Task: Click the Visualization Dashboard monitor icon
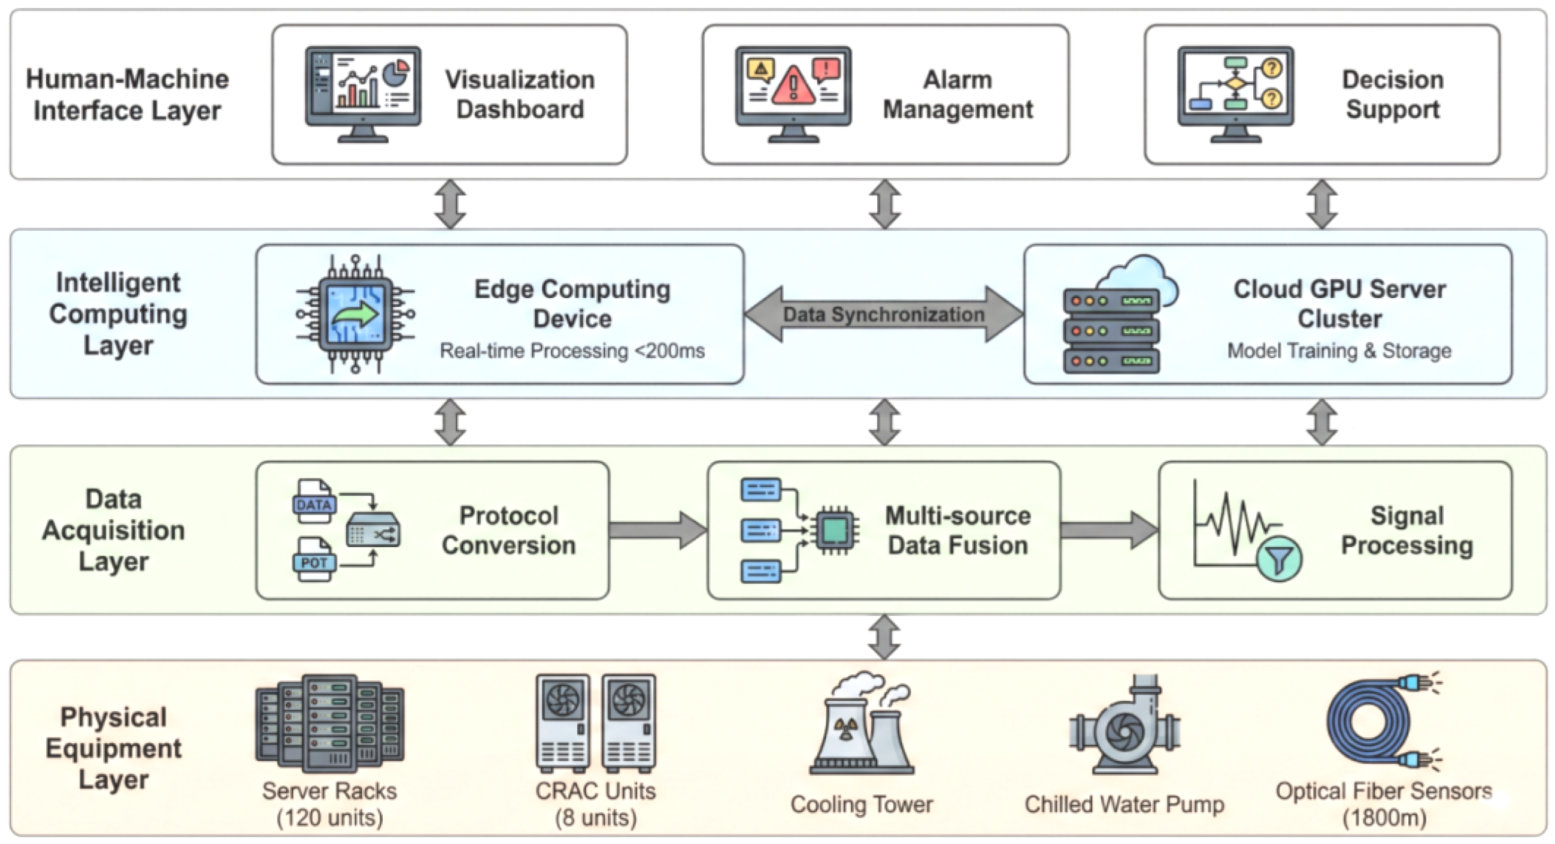363,94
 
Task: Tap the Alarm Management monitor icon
793,94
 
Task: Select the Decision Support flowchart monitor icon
1236,94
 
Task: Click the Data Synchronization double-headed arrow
884,314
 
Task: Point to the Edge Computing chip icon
356,314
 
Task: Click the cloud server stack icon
1114,320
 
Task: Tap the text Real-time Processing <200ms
572,351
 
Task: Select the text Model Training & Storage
1339,351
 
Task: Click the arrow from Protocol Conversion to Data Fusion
658,530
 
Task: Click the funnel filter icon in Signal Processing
1279,559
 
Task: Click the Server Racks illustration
329,724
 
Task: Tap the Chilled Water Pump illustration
1124,728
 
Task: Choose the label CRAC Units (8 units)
595,804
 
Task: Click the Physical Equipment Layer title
114,748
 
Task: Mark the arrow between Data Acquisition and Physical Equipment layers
884,637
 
